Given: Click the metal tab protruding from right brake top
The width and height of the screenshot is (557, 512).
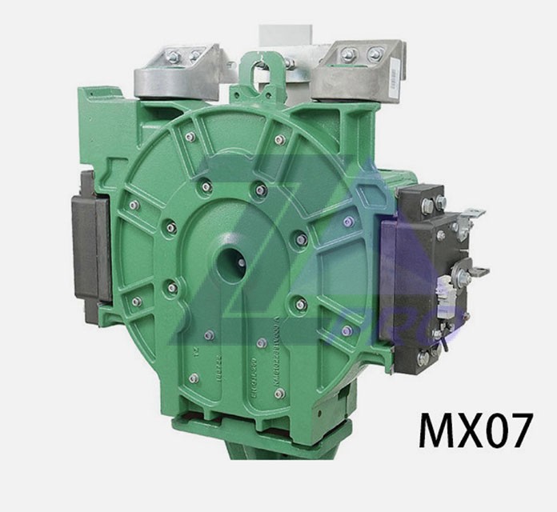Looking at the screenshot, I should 473,214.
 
